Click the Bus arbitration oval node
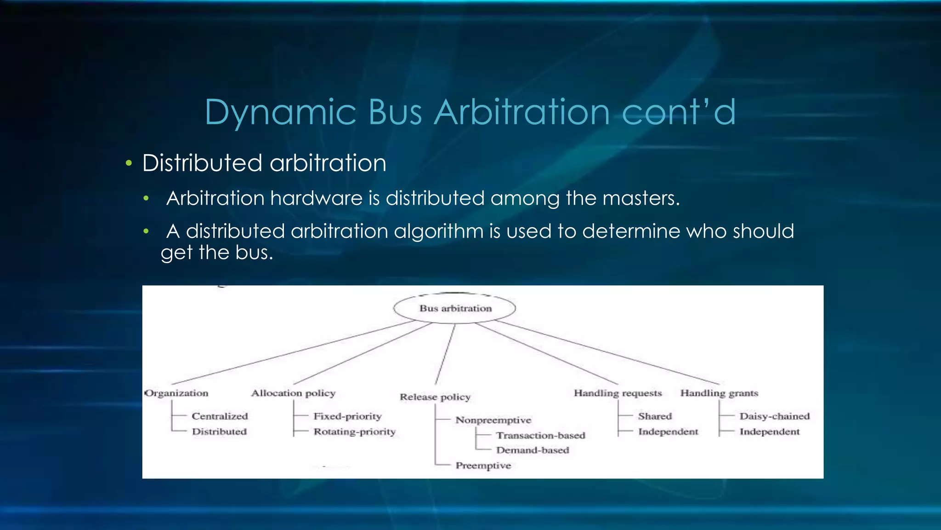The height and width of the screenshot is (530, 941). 455,308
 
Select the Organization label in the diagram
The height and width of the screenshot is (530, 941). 177,393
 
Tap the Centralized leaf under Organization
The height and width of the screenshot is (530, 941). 220,416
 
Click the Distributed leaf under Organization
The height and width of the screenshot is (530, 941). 219,432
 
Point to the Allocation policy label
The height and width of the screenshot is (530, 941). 293,393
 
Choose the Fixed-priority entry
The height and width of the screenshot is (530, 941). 347,416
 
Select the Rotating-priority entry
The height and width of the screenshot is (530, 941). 354,432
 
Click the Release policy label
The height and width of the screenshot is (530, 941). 435,397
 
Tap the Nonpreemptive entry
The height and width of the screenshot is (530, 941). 493,420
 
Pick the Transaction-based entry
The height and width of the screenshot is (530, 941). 540,435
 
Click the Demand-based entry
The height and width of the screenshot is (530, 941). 532,450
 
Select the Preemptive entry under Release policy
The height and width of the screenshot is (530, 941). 483,466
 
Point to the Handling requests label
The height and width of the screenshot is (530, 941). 618,393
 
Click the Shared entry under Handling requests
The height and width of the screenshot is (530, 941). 655,416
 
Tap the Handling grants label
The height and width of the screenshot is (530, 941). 719,393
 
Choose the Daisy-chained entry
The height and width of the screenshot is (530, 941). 774,416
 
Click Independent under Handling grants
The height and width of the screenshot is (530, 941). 769,432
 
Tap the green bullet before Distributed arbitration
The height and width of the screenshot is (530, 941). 129,163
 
